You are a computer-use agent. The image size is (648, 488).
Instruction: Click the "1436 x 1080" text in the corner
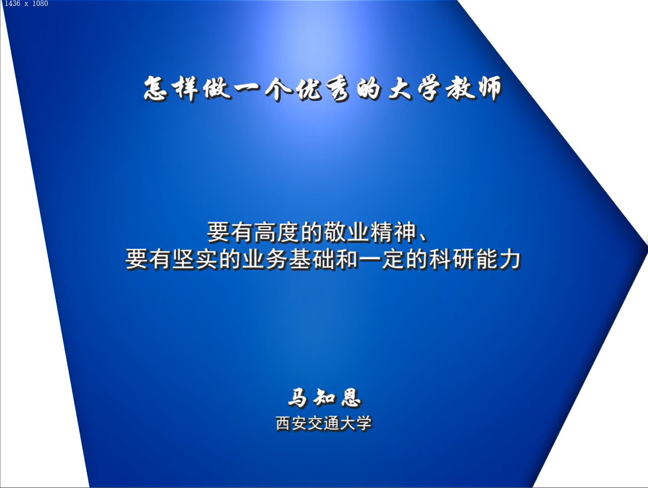[x=26, y=4]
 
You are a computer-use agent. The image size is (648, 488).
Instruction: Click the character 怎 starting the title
[x=156, y=89]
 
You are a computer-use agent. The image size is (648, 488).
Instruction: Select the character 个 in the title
[x=278, y=89]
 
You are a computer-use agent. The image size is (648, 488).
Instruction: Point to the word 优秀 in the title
[x=323, y=89]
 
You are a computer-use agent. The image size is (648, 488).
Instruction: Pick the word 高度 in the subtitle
[x=277, y=233]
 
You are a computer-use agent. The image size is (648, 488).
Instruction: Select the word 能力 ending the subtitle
[x=498, y=260]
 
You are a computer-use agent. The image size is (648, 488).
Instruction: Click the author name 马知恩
[x=324, y=398]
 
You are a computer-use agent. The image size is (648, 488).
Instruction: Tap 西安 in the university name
[x=292, y=423]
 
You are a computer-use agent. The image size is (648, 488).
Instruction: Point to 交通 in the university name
[x=324, y=423]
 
